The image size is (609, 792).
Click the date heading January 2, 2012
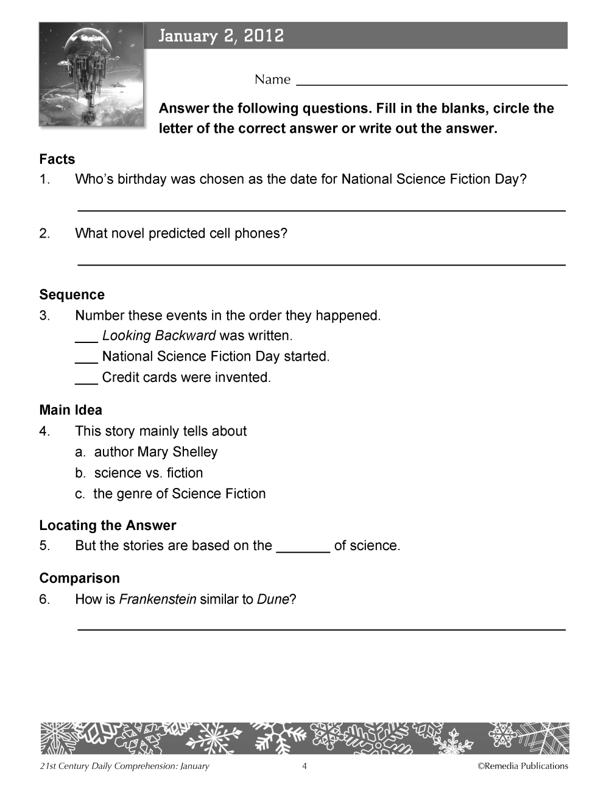point(221,36)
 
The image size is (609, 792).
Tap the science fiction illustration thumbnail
point(92,75)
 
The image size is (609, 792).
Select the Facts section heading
point(57,160)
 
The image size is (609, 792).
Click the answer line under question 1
point(322,210)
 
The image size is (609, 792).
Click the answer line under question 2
point(322,264)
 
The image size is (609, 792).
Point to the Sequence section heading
point(72,295)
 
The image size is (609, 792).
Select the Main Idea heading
point(71,410)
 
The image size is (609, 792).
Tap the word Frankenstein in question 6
point(158,599)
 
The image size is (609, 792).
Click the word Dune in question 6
point(272,599)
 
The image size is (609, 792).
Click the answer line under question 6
point(322,629)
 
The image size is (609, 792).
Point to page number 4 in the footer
point(304,766)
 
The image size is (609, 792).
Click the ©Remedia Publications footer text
point(523,766)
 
